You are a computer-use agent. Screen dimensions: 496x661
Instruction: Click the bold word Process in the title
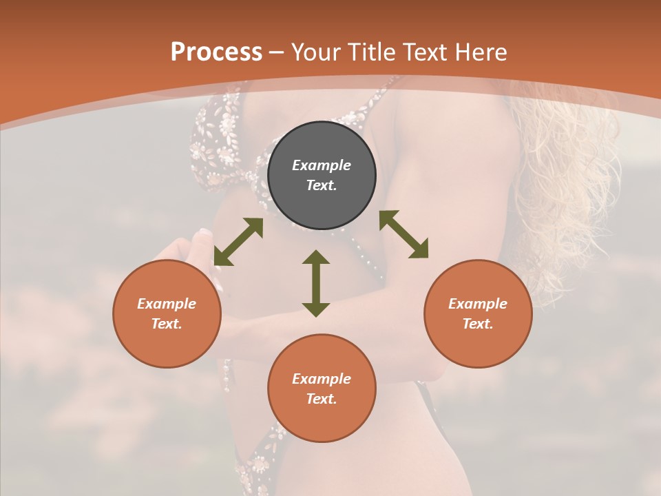(216, 52)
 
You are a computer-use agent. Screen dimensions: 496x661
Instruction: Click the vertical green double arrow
(316, 283)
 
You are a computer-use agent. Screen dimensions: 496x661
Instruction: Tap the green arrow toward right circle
(403, 234)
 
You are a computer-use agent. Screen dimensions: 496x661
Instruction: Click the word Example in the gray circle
(322, 165)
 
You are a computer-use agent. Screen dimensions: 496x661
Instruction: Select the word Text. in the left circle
(167, 324)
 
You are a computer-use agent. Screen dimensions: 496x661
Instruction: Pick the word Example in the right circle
(478, 304)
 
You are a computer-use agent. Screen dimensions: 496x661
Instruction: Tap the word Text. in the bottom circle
(322, 399)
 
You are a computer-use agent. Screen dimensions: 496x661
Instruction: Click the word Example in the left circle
(167, 304)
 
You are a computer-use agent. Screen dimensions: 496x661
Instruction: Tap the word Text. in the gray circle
(322, 185)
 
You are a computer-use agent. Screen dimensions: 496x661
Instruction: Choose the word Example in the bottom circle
(322, 379)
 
